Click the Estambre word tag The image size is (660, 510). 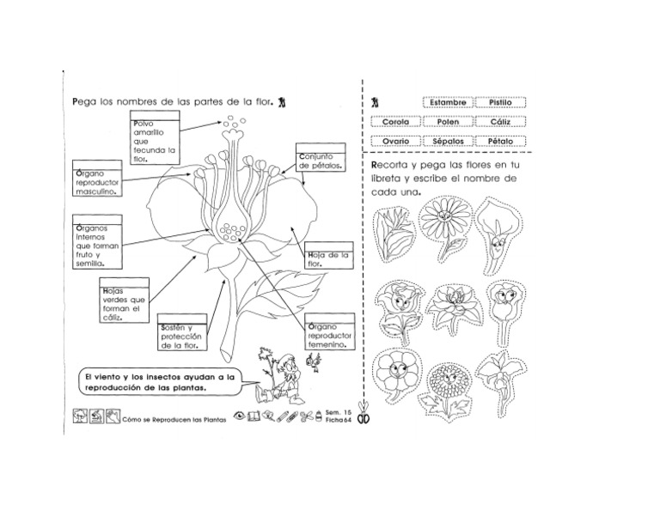point(447,102)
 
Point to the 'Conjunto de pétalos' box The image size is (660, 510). point(321,160)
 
